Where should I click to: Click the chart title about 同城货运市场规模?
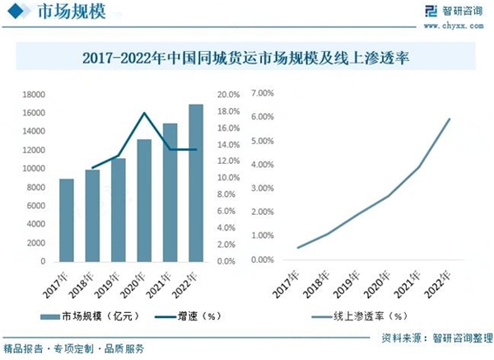[x=247, y=58]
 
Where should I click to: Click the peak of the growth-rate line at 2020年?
[x=145, y=113]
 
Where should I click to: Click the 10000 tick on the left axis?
[x=33, y=169]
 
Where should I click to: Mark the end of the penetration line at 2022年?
[x=450, y=119]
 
